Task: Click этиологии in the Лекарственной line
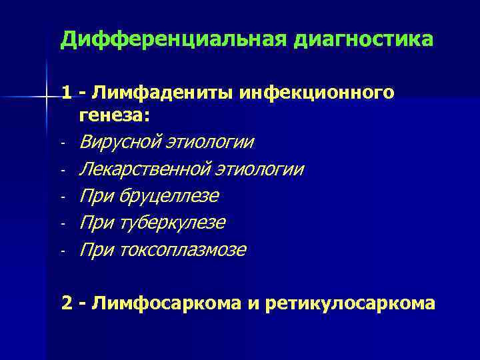(270, 169)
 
